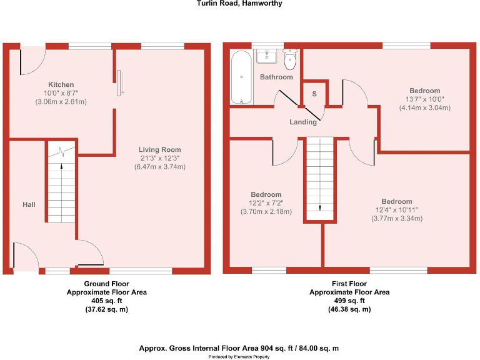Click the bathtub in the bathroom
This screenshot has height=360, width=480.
[x=241, y=79]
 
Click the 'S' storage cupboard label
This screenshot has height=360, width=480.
[x=314, y=94]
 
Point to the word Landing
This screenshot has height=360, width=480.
[x=303, y=122]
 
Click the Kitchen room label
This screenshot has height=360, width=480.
[x=61, y=84]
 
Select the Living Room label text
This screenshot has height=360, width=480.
[x=160, y=149]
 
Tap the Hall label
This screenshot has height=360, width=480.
[x=29, y=204]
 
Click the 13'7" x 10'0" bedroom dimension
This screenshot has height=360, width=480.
[x=424, y=99]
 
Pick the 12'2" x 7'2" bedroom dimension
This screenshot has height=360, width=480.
[x=266, y=203]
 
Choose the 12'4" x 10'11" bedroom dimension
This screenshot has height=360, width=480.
[x=397, y=210]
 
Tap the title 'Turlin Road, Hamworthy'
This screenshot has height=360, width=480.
[x=239, y=4]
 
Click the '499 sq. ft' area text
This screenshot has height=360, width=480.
[x=349, y=301]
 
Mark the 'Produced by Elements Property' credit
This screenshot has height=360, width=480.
[x=240, y=356]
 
